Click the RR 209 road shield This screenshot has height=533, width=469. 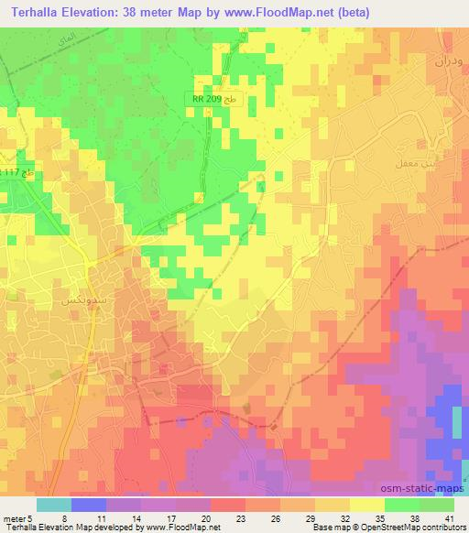[216, 100]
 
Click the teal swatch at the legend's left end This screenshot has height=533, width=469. [54, 505]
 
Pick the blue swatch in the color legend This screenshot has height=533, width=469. [89, 505]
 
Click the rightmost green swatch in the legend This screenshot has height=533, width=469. [437, 505]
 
